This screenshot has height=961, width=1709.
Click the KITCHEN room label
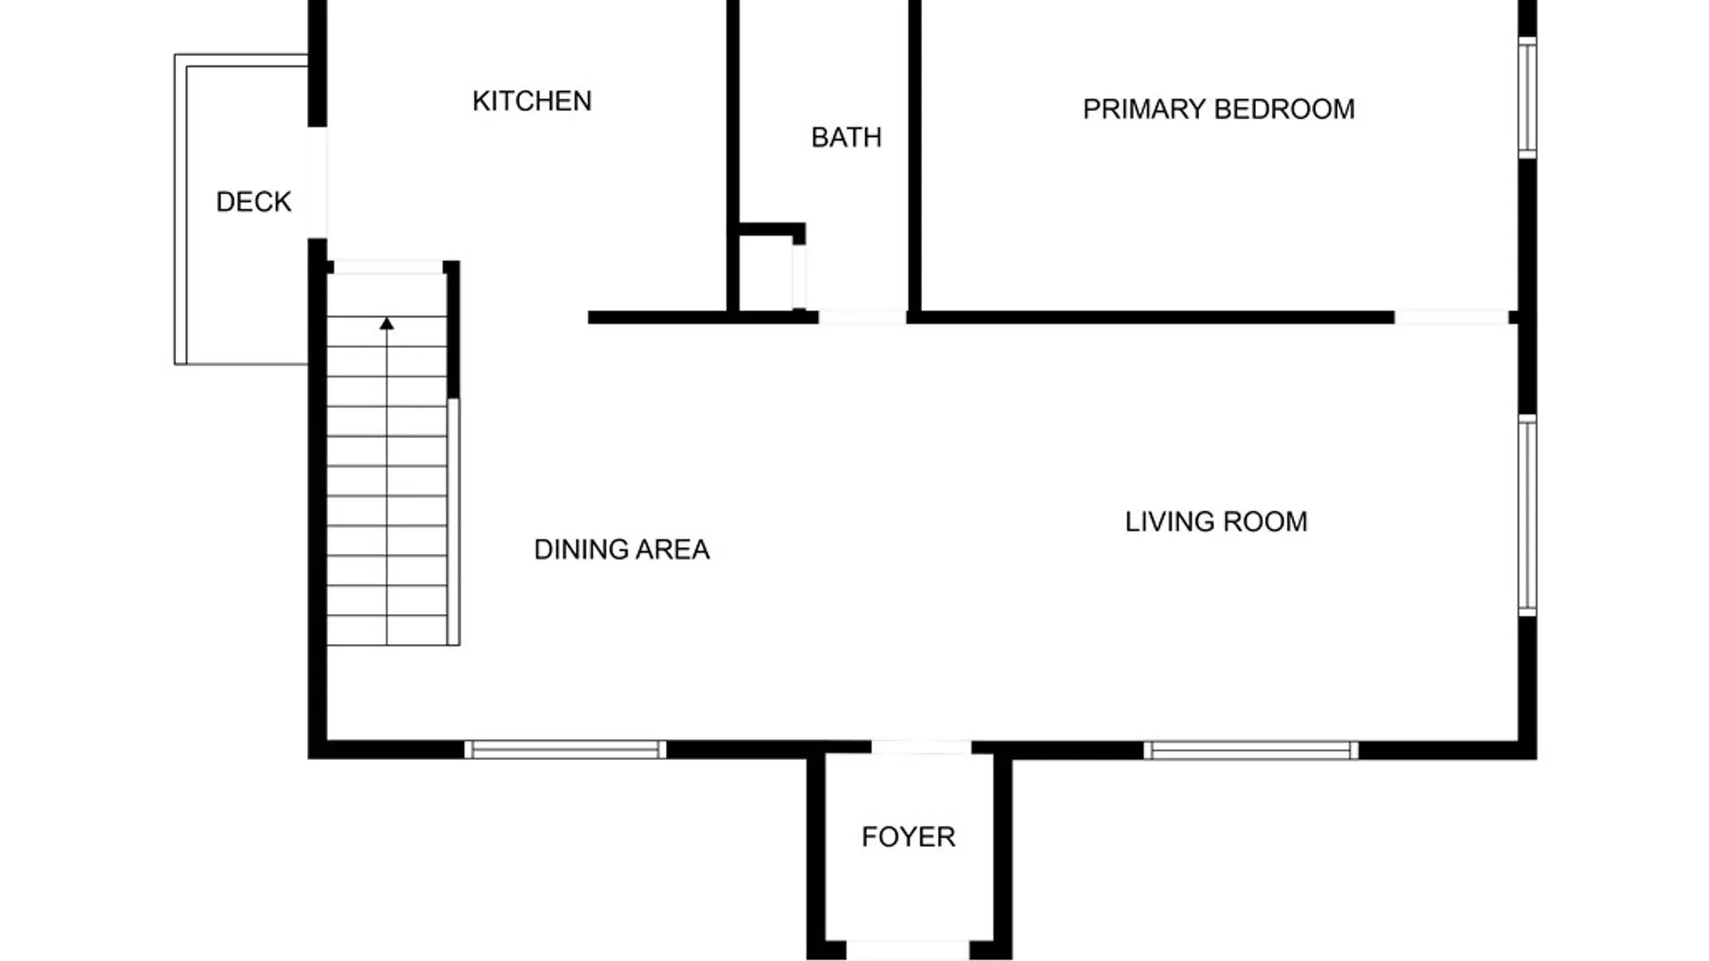click(x=531, y=101)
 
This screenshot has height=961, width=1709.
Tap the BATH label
click(x=846, y=138)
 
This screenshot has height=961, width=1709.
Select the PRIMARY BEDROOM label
click(x=1219, y=109)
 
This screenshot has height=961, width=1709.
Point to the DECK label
click(x=254, y=202)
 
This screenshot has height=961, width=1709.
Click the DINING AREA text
click(x=621, y=550)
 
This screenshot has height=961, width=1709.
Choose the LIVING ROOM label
click(x=1216, y=521)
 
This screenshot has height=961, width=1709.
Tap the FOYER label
click(x=908, y=837)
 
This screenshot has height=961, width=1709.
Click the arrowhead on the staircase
click(x=386, y=324)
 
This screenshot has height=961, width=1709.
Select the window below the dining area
click(x=565, y=750)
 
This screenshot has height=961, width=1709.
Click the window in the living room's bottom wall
click(x=1251, y=750)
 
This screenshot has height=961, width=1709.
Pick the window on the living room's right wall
click(x=1527, y=515)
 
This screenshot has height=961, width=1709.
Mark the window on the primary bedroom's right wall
click(x=1527, y=98)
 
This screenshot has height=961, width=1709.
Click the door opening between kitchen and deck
click(x=317, y=182)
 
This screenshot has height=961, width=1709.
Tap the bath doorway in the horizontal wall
click(x=863, y=317)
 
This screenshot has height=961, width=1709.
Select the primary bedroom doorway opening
click(x=1452, y=317)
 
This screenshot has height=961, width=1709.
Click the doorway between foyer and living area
click(x=921, y=747)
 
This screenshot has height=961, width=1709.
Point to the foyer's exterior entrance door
click(x=907, y=950)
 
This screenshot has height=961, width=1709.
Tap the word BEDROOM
click(x=1285, y=109)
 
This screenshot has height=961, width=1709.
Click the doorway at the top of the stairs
click(x=387, y=267)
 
